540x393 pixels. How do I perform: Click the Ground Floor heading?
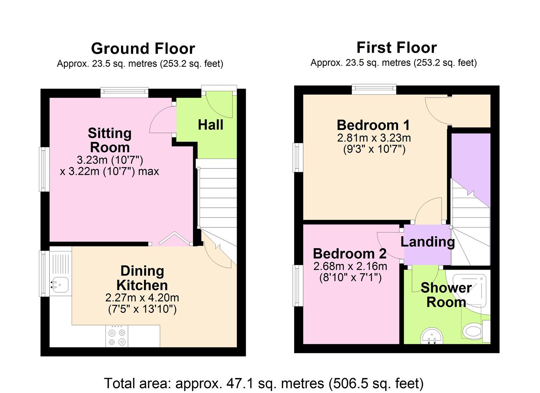click(x=143, y=48)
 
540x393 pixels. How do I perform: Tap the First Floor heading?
click(x=397, y=48)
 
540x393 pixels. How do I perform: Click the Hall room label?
click(x=211, y=125)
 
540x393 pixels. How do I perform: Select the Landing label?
click(x=428, y=242)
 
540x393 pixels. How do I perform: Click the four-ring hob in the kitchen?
click(x=117, y=336)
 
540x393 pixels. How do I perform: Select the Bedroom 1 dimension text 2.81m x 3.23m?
click(x=374, y=138)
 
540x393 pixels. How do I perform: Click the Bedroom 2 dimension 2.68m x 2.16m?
click(x=350, y=266)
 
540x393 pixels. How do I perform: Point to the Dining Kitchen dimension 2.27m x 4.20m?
click(x=142, y=298)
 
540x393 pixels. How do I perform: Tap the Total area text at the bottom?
click(x=264, y=383)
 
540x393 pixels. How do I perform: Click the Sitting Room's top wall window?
click(x=124, y=92)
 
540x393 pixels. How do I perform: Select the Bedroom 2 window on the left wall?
click(x=298, y=286)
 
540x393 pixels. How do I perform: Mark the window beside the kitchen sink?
click(x=44, y=274)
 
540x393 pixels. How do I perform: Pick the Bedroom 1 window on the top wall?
click(x=374, y=89)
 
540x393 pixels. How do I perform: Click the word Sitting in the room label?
click(x=110, y=134)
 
